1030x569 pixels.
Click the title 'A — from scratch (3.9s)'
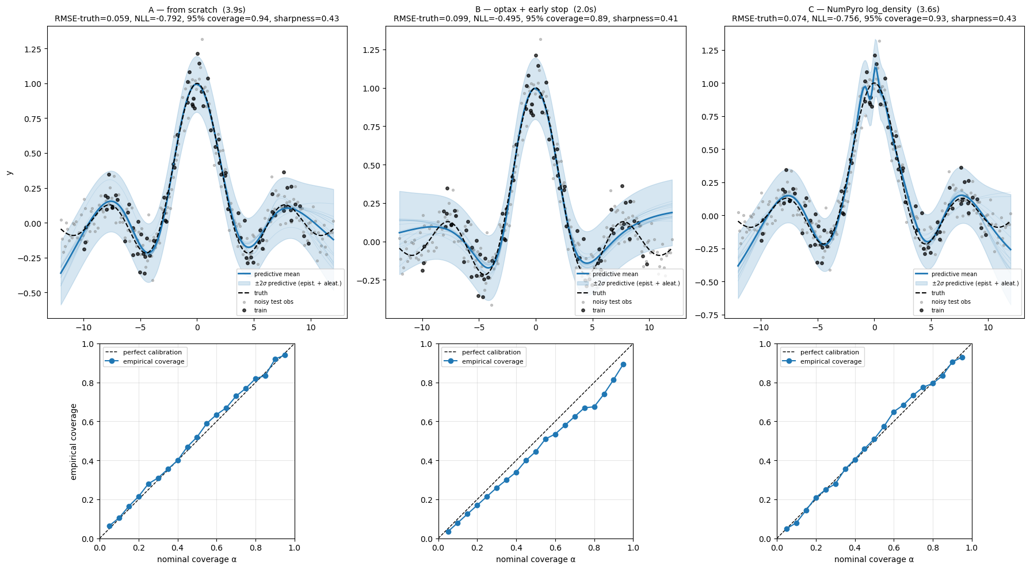tap(197, 9)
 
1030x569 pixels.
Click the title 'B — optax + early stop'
tap(535, 9)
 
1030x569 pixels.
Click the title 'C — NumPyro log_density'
tap(874, 9)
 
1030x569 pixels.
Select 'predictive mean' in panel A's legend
tap(277, 274)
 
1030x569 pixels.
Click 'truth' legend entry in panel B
tap(599, 293)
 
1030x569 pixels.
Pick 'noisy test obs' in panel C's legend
tap(951, 301)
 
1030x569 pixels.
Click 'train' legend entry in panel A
tap(260, 311)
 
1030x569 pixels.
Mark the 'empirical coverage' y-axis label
tap(74, 441)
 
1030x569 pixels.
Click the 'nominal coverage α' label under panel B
tap(535, 559)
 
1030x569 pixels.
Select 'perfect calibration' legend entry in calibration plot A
tap(152, 352)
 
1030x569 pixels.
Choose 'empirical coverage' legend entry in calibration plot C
tap(830, 361)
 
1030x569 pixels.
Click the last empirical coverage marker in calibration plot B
tap(623, 365)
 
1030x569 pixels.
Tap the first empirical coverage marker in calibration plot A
tap(109, 526)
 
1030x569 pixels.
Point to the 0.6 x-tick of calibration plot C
tap(894, 548)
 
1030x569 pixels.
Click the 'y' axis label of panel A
tap(9, 173)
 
